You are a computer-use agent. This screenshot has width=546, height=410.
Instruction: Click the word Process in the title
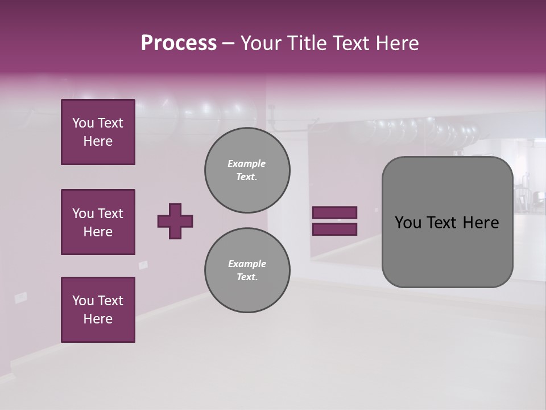pyautogui.click(x=179, y=43)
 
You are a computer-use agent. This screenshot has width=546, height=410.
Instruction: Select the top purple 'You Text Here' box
pyautogui.click(x=98, y=132)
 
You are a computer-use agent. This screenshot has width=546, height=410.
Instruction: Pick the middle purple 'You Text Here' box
pyautogui.click(x=98, y=222)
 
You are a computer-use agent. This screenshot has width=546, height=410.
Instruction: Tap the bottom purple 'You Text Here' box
pyautogui.click(x=98, y=310)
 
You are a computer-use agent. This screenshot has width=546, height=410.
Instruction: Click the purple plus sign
pyautogui.click(x=175, y=221)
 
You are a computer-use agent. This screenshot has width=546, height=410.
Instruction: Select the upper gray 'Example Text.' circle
pyautogui.click(x=247, y=170)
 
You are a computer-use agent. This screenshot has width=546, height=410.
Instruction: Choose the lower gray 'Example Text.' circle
pyautogui.click(x=247, y=270)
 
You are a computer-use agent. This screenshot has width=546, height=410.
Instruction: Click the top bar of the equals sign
pyautogui.click(x=334, y=212)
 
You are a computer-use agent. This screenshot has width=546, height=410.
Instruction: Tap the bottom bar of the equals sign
pyautogui.click(x=334, y=229)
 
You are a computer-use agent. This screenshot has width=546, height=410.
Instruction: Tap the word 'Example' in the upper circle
pyautogui.click(x=247, y=163)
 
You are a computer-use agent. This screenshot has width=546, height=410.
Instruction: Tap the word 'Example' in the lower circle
pyautogui.click(x=247, y=264)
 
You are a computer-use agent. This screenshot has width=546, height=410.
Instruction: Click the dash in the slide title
pyautogui.click(x=228, y=43)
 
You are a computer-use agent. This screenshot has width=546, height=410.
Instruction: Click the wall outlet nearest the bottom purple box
pyautogui.click(x=21, y=297)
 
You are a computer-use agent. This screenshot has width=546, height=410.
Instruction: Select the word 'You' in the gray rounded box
pyautogui.click(x=408, y=223)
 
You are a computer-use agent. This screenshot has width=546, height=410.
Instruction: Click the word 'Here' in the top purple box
pyautogui.click(x=98, y=141)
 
